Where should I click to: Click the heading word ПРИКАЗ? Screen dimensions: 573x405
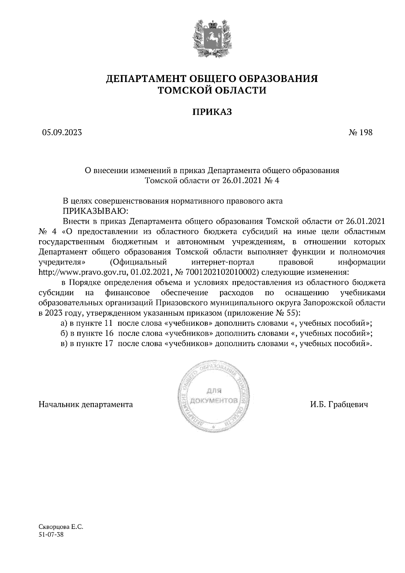pos(212,112)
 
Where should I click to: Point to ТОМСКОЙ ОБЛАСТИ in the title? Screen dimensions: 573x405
pos(212,90)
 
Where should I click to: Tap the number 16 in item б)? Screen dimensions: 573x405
pos(109,333)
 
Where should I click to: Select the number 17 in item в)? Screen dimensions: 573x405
pos(109,344)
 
